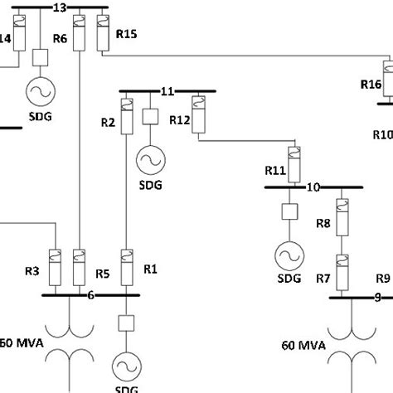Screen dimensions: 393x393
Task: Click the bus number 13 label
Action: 59,7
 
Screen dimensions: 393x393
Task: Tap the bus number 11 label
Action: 167,90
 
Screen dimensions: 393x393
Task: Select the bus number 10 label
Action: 313,187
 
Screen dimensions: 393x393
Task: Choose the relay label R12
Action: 180,120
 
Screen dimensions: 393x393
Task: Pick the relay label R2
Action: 108,123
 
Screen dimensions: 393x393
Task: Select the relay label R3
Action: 32,270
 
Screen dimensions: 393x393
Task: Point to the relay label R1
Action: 150,269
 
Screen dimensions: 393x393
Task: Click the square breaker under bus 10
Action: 291,211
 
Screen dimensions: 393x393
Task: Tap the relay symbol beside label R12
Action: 199,107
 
